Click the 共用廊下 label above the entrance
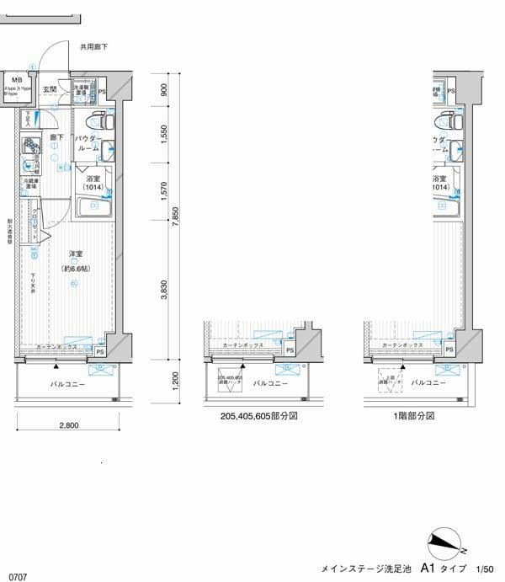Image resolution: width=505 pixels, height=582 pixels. coord(94,48)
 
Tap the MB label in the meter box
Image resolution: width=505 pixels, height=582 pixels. coord(16,82)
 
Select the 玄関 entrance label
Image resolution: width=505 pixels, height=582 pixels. coord(50,89)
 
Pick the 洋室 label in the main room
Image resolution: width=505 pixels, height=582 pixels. coord(75,254)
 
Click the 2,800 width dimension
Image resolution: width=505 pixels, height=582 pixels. coord(68,426)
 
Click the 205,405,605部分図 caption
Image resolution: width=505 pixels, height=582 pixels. coord(258,416)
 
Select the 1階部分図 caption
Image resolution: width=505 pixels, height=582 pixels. coord(412,416)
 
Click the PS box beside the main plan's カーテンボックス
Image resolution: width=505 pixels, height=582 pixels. coord(100,351)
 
